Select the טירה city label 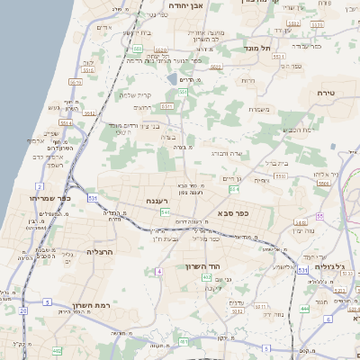coord(326,94)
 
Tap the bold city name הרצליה coord(98,253)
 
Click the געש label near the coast coord(53,108)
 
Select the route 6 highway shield coord(328,319)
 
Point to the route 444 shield coord(304,309)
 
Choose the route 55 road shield coord(319,216)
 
